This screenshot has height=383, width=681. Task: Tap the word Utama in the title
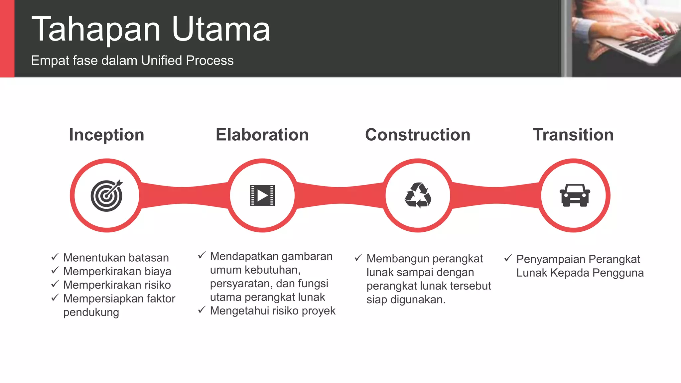click(x=221, y=30)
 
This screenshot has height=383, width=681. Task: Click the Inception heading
click(x=106, y=135)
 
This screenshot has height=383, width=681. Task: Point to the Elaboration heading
click(x=262, y=135)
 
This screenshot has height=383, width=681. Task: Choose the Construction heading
click(x=418, y=135)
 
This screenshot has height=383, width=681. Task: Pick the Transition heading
click(x=573, y=135)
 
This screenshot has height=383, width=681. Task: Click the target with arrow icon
click(x=106, y=196)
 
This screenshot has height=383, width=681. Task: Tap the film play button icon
click(x=262, y=195)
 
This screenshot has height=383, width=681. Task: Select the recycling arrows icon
click(x=418, y=195)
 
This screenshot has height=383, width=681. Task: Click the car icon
click(x=575, y=195)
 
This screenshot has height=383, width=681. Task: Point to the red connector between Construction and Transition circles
click(x=495, y=195)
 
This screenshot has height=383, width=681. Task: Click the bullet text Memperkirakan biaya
click(x=117, y=272)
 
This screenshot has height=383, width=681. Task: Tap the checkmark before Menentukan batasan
click(x=55, y=257)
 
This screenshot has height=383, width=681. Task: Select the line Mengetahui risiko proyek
click(x=273, y=311)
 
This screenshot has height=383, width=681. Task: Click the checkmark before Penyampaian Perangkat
click(x=508, y=258)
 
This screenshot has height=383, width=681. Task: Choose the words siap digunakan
click(x=406, y=300)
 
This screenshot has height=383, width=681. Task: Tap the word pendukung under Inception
click(x=91, y=313)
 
